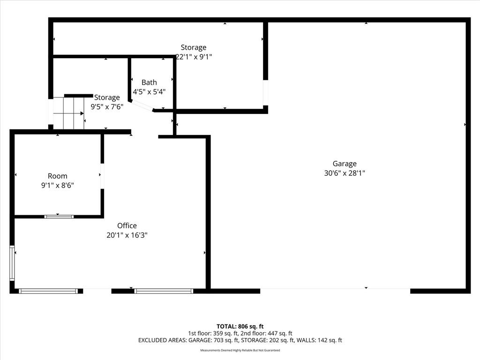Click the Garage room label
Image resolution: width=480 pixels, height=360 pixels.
(x=345, y=164)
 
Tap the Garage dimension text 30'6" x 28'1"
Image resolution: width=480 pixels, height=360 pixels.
(x=345, y=173)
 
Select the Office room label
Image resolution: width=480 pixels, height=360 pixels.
(x=127, y=225)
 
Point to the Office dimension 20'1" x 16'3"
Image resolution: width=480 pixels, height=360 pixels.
(x=127, y=235)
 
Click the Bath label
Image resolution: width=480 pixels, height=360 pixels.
(x=149, y=82)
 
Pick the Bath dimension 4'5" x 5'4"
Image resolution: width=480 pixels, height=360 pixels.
(x=149, y=91)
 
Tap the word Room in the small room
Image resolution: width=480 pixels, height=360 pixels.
(x=58, y=176)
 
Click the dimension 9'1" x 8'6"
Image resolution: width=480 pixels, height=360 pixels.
(x=58, y=185)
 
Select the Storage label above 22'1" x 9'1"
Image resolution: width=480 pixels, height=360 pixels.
(x=194, y=47)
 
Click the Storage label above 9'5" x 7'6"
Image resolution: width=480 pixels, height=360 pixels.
(x=107, y=97)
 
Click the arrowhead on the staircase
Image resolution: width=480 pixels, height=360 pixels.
(x=82, y=113)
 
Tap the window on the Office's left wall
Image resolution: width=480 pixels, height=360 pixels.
(x=12, y=263)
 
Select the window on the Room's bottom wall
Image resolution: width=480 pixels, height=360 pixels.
(x=59, y=217)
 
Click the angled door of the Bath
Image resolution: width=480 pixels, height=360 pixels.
(x=142, y=105)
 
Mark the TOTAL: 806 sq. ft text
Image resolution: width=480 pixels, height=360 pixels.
(x=240, y=326)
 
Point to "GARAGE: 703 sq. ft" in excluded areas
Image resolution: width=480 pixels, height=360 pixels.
(x=213, y=340)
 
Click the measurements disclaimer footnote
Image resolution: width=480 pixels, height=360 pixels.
(x=240, y=350)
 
